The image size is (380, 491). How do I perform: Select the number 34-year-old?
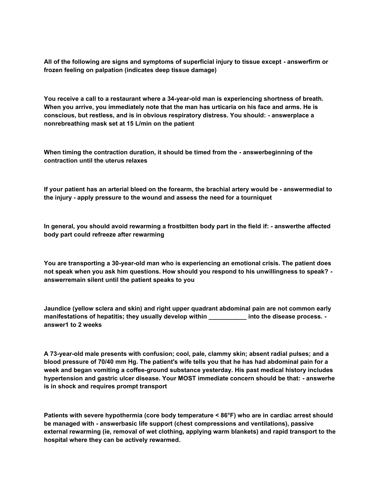pos(184,99)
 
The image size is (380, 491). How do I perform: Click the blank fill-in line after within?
pos(227,317)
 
